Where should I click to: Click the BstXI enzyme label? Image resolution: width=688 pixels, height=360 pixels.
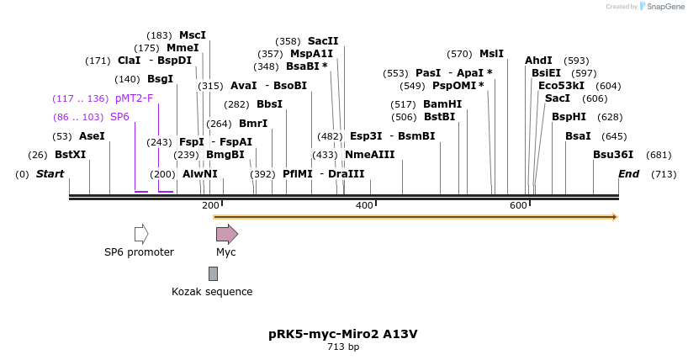(x=70, y=155)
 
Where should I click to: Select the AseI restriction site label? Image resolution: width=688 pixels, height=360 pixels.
(x=92, y=135)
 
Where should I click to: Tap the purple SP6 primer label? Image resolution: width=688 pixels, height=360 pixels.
(x=119, y=117)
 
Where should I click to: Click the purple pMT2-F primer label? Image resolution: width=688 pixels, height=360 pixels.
(x=135, y=98)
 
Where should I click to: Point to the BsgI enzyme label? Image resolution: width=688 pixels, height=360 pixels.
(x=160, y=79)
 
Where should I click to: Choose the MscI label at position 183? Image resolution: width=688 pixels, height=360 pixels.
(x=192, y=35)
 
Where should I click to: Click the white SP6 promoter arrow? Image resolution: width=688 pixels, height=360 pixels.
(x=141, y=234)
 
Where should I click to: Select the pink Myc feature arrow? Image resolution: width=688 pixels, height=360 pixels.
(x=226, y=234)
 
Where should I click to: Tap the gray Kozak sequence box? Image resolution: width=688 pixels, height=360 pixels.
(x=213, y=273)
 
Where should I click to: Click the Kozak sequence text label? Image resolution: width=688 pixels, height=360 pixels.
(x=212, y=292)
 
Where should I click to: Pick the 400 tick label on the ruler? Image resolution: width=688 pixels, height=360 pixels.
(x=364, y=205)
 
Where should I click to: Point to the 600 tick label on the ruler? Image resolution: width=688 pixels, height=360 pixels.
(x=518, y=205)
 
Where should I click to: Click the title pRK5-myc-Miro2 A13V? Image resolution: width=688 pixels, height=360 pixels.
(x=343, y=334)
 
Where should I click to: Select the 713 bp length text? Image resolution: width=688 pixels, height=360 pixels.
(x=343, y=347)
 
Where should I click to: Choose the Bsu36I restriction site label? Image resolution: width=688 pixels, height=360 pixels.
(x=613, y=155)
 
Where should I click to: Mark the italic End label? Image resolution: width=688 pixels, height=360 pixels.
(x=628, y=174)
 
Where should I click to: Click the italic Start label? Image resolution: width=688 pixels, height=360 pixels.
(x=50, y=174)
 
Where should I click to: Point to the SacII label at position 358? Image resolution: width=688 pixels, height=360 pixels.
(x=323, y=41)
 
